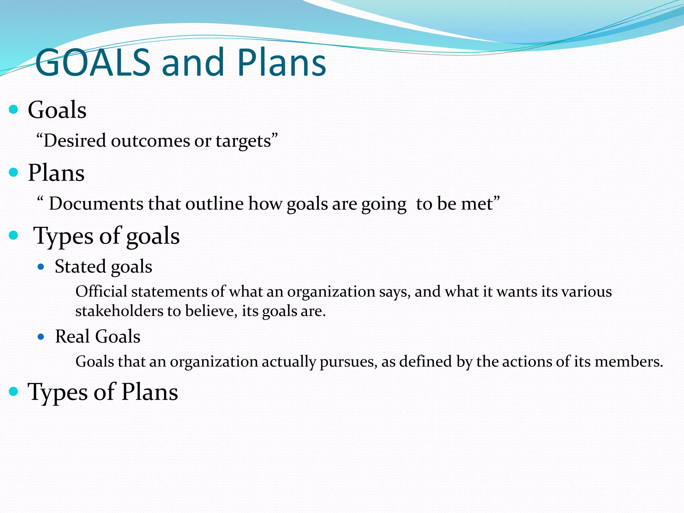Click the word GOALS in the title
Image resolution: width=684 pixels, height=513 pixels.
[x=93, y=63]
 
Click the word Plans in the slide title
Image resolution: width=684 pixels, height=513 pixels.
[x=282, y=63]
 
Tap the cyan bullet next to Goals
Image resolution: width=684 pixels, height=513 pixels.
[x=13, y=109]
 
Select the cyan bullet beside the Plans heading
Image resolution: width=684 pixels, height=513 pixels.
[x=13, y=172]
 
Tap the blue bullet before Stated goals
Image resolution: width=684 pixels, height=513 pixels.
[x=41, y=267]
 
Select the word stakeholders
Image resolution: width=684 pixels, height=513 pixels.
[x=119, y=311]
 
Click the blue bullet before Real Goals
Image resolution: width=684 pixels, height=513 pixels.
[x=41, y=337]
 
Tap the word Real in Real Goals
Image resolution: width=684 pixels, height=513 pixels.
[x=72, y=336]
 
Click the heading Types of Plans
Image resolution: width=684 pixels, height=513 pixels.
[x=103, y=392]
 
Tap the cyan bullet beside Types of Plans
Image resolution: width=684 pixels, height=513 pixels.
[x=13, y=391]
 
